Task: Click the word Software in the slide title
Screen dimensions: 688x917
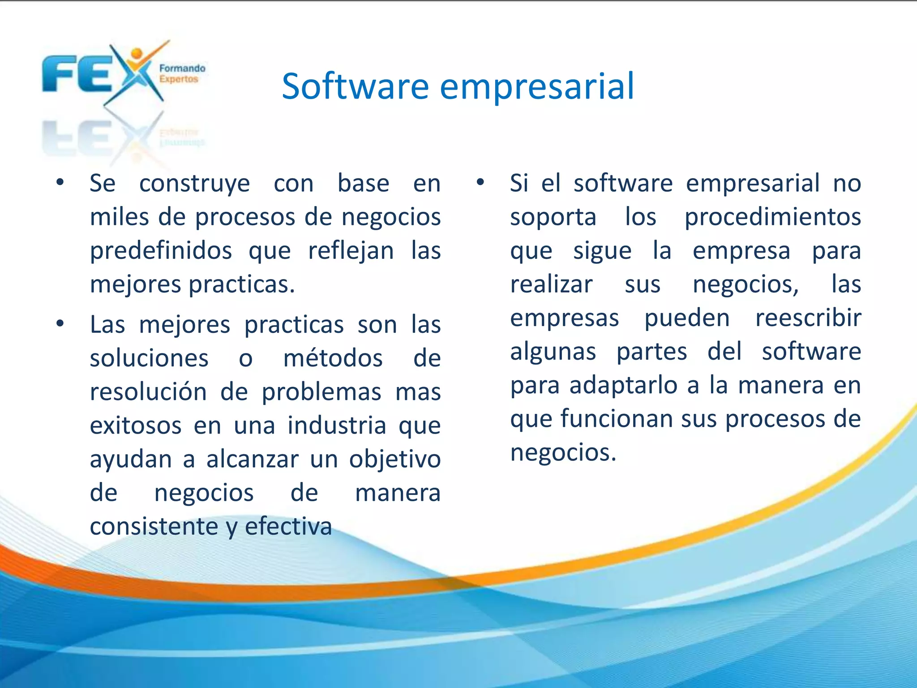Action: coord(355,86)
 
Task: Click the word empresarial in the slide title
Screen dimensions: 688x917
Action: coord(537,87)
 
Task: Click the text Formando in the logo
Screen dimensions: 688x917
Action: coord(182,69)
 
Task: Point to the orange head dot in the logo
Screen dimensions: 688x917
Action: coord(137,54)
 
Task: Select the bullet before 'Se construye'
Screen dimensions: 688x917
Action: coord(60,182)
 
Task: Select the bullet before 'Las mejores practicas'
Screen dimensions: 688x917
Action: coord(60,323)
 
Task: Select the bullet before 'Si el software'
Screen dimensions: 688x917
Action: coord(480,182)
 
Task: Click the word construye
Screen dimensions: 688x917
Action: coord(194,184)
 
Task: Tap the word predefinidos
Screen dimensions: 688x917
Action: coord(161,250)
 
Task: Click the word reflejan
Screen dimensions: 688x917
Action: coord(351,251)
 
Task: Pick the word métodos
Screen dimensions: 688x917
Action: coord(333,358)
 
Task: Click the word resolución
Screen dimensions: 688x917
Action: coord(148,391)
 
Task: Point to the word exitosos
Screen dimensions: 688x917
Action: coord(136,425)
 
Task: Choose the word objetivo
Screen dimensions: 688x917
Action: coord(395,460)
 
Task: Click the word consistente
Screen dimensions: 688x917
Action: coord(154,526)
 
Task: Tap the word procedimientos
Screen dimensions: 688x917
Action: coord(772,218)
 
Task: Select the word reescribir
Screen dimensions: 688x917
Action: coord(808,318)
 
